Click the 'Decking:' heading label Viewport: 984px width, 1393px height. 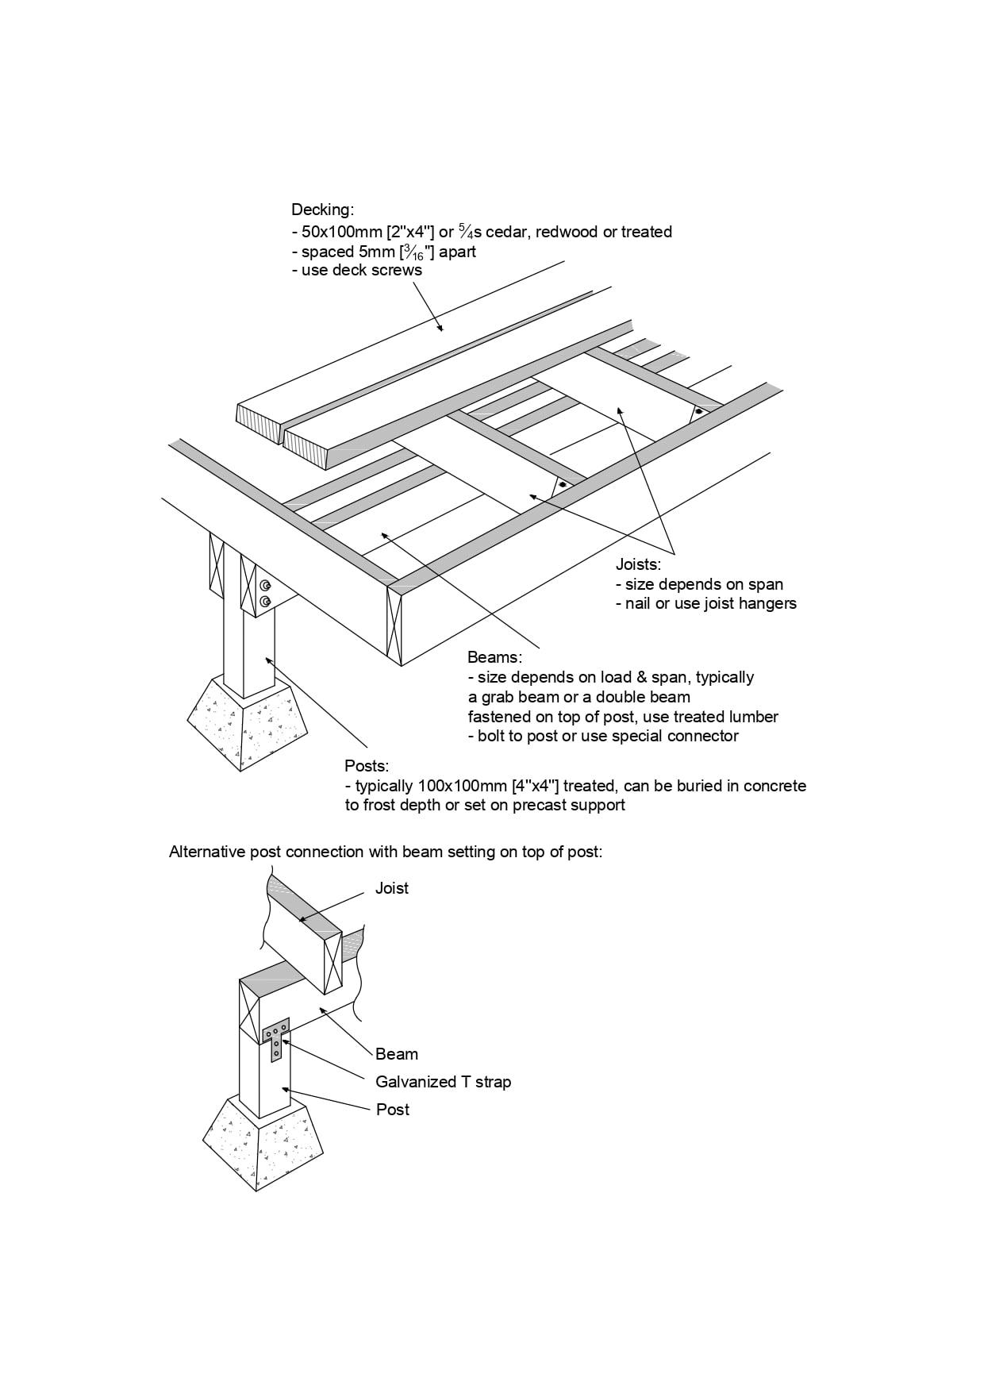(x=322, y=210)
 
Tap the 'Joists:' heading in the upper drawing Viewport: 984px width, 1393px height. (x=638, y=565)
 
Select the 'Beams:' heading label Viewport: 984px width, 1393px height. (x=494, y=658)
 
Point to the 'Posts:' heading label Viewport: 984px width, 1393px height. (x=367, y=767)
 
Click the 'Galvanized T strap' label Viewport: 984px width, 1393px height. (x=443, y=1082)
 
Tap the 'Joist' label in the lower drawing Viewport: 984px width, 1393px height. (x=392, y=888)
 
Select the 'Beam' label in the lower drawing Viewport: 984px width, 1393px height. (x=397, y=1054)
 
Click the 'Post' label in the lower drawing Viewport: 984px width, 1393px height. (x=393, y=1110)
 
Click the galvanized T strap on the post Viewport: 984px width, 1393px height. (x=276, y=1037)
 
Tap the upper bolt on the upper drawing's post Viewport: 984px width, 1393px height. (x=265, y=586)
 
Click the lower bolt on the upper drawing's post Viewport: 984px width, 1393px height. (x=265, y=601)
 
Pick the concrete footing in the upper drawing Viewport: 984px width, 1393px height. (x=248, y=724)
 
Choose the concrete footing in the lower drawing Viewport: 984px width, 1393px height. (x=262, y=1147)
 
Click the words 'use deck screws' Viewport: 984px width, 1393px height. (x=362, y=271)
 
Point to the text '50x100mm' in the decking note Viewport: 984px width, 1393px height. (x=336, y=233)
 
